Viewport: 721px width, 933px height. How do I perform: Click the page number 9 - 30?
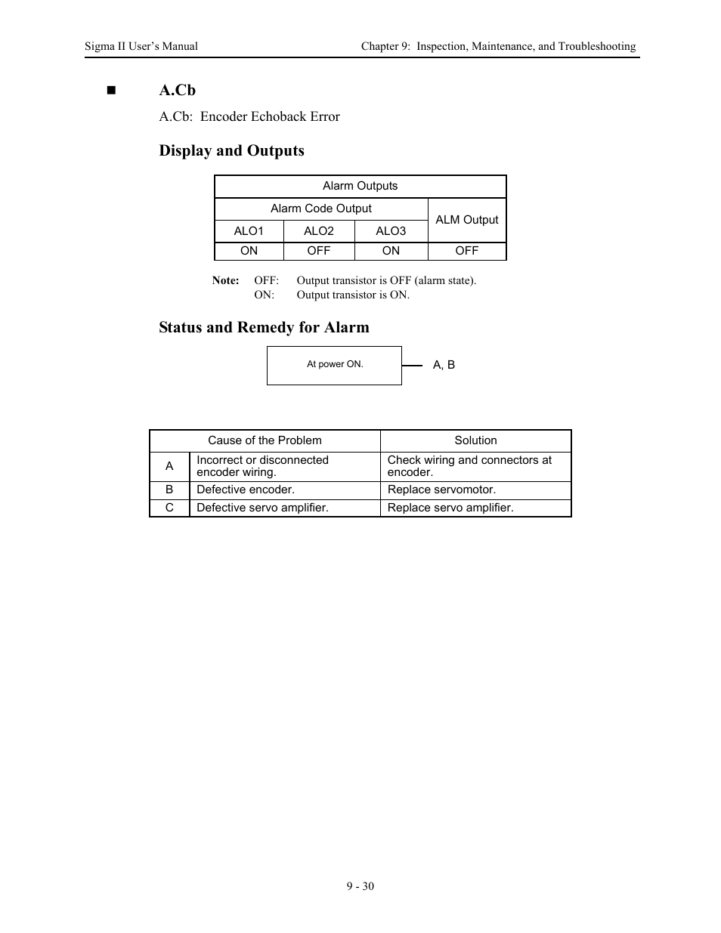360,886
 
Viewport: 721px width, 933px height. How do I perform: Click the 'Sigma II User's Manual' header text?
141,46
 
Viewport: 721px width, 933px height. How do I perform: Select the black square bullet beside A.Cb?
112,91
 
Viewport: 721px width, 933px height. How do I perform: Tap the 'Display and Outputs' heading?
231,150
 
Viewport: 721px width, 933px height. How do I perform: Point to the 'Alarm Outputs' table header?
360,186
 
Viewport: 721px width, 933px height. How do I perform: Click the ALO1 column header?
249,231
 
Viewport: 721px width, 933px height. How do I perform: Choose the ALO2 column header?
318,231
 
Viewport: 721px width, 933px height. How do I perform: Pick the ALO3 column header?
391,231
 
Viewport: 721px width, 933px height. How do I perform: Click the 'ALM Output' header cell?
467,220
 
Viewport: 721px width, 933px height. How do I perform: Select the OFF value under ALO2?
318,251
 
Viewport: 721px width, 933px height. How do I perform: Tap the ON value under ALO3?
391,251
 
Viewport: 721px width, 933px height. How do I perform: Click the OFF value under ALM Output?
467,251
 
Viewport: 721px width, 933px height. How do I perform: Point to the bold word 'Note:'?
225,280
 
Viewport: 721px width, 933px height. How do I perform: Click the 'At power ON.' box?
334,365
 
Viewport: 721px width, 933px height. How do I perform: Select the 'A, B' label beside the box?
444,365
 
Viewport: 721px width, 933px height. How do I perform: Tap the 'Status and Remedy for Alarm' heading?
264,327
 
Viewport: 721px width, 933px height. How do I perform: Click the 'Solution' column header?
475,440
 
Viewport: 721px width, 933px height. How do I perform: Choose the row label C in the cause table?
169,508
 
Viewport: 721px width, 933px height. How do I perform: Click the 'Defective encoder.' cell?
246,490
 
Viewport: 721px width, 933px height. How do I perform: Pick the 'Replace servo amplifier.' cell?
450,508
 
